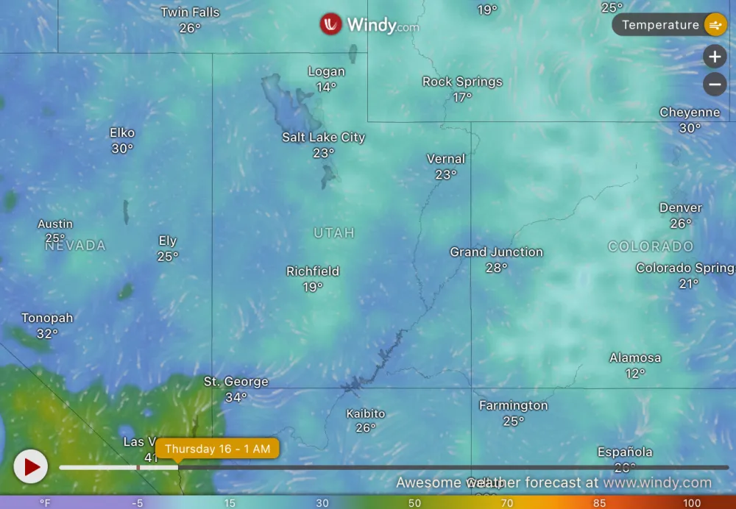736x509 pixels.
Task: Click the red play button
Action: click(x=31, y=466)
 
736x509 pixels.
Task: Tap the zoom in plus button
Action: click(x=715, y=57)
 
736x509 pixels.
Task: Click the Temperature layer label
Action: click(x=660, y=25)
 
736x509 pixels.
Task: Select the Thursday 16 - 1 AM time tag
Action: click(x=217, y=449)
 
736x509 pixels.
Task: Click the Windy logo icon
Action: click(x=330, y=24)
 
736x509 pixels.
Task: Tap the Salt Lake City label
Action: click(x=323, y=138)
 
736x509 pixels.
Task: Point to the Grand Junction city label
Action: click(x=496, y=252)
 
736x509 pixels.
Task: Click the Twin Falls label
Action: click(x=190, y=13)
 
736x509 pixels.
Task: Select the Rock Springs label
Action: click(x=462, y=82)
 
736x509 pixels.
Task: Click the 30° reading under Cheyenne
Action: click(x=690, y=128)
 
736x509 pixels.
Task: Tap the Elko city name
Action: click(x=122, y=133)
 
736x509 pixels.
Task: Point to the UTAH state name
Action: click(x=334, y=233)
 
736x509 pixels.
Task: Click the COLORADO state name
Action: click(x=651, y=246)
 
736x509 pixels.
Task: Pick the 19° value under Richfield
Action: click(x=313, y=287)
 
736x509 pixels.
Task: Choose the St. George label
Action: click(x=236, y=382)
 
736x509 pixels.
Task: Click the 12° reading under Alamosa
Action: click(x=635, y=374)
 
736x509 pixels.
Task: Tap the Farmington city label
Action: click(x=513, y=406)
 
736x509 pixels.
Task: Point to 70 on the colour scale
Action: click(x=506, y=503)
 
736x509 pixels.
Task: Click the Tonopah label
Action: click(x=47, y=318)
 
